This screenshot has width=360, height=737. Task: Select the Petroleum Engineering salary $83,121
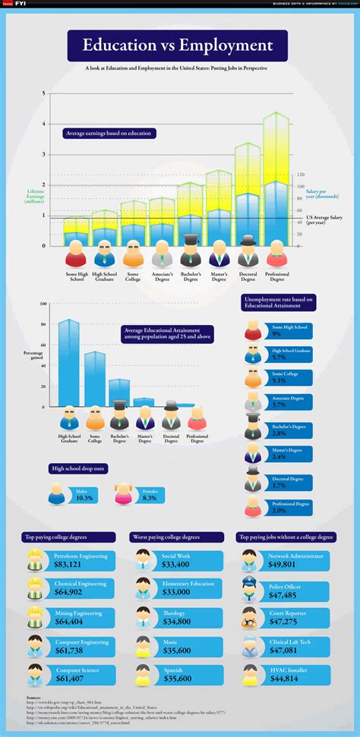(x=80, y=561)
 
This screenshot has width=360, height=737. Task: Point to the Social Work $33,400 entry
(x=180, y=561)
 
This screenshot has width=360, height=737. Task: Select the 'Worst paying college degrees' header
(x=176, y=536)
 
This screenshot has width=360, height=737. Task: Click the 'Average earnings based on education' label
(x=109, y=134)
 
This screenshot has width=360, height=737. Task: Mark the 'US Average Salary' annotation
(x=322, y=221)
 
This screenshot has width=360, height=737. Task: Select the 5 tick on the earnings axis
(x=44, y=93)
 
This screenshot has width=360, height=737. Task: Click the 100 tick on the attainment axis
(x=44, y=304)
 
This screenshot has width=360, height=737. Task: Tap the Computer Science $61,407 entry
(x=80, y=675)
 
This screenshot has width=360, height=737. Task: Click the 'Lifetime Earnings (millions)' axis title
(x=33, y=197)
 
